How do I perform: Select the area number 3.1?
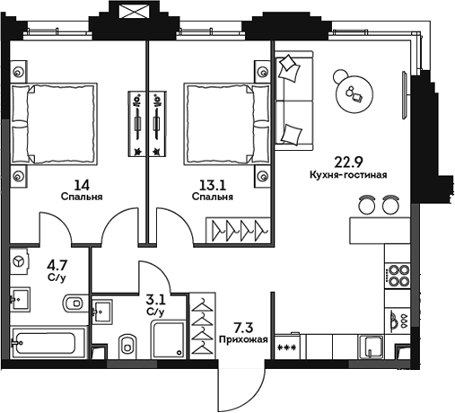[x=154, y=301]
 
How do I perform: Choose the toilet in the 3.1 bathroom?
[x=127, y=343]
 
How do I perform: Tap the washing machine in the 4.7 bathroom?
[x=20, y=260]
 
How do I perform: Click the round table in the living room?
[x=354, y=90]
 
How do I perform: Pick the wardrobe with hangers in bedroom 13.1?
[x=239, y=232]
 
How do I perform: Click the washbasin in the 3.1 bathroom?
[x=103, y=311]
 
